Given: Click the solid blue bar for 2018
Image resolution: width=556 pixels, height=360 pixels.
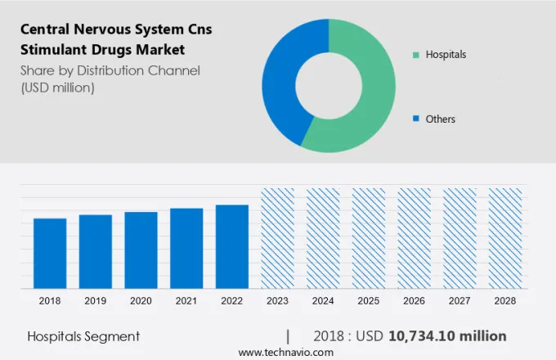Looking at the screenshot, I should pyautogui.click(x=50, y=253).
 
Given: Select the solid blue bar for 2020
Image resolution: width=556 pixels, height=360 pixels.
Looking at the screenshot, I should pyautogui.click(x=141, y=250).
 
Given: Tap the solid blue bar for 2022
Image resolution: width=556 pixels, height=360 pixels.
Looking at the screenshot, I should pyautogui.click(x=231, y=246).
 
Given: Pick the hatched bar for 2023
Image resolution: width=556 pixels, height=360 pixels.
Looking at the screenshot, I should pyautogui.click(x=277, y=238).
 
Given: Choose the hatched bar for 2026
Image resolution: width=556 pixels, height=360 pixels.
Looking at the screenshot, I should pyautogui.click(x=414, y=238).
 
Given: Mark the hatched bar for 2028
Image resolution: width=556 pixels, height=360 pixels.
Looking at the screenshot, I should pyautogui.click(x=504, y=238).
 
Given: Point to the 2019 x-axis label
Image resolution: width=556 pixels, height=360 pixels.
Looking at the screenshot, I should pyautogui.click(x=96, y=301).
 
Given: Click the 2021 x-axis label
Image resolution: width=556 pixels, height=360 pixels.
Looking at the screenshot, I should pyautogui.click(x=186, y=301).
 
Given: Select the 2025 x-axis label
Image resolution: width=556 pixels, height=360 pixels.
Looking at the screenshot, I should pyautogui.click(x=368, y=301).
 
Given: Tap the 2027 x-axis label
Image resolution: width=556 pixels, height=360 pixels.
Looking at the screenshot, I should pyautogui.click(x=459, y=301).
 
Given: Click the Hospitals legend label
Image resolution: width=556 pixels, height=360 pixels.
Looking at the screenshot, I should pyautogui.click(x=446, y=55).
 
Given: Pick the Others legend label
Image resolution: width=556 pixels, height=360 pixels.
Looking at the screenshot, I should pyautogui.click(x=441, y=119).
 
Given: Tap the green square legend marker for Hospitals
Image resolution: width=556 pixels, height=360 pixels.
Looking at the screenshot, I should pyautogui.click(x=416, y=55).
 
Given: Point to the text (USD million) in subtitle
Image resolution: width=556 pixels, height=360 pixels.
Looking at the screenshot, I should pyautogui.click(x=57, y=87).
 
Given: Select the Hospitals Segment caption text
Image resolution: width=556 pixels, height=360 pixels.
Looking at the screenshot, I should pyautogui.click(x=83, y=336).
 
